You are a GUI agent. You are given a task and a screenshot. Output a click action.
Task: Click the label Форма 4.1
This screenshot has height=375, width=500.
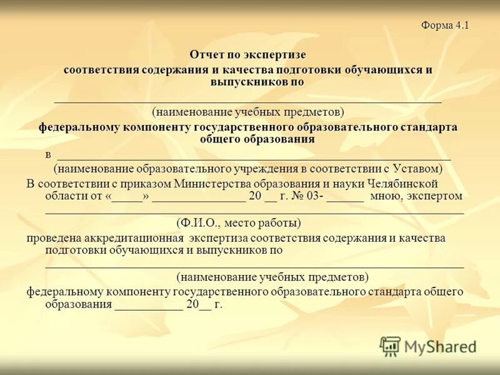point(444,26)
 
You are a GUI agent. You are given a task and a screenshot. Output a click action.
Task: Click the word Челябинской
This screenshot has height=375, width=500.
point(401,184)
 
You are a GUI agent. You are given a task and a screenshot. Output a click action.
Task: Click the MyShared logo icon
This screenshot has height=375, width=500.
point(390,346)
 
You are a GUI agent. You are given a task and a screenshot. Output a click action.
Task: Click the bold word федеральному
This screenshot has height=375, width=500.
point(78,127)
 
